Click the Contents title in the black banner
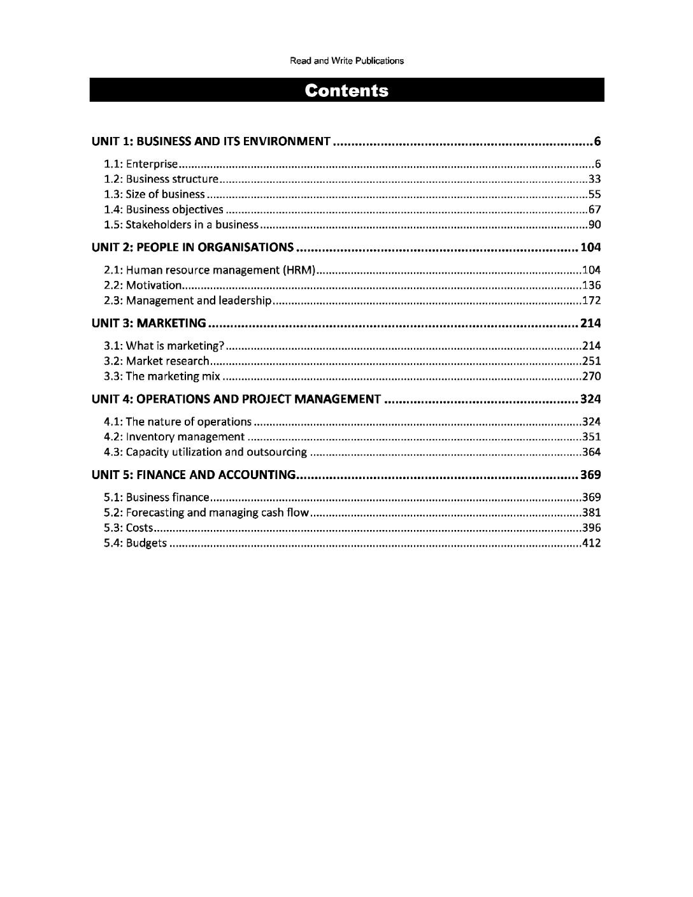(x=346, y=90)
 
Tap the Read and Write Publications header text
(x=346, y=61)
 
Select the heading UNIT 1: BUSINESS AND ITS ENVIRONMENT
(x=211, y=141)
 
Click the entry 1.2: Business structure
(x=161, y=179)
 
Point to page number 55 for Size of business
(x=594, y=194)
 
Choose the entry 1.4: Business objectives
(x=164, y=210)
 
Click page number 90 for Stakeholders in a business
(x=594, y=225)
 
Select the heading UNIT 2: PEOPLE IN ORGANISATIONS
(x=193, y=247)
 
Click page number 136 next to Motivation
(x=592, y=285)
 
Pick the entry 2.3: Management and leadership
(x=189, y=301)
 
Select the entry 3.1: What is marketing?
(x=164, y=346)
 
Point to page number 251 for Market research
(x=592, y=361)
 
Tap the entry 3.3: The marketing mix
(x=162, y=377)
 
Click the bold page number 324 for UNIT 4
(x=590, y=399)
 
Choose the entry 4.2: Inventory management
(x=174, y=437)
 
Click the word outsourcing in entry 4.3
(x=276, y=452)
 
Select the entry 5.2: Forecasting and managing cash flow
(x=206, y=513)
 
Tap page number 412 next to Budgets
(x=592, y=543)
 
